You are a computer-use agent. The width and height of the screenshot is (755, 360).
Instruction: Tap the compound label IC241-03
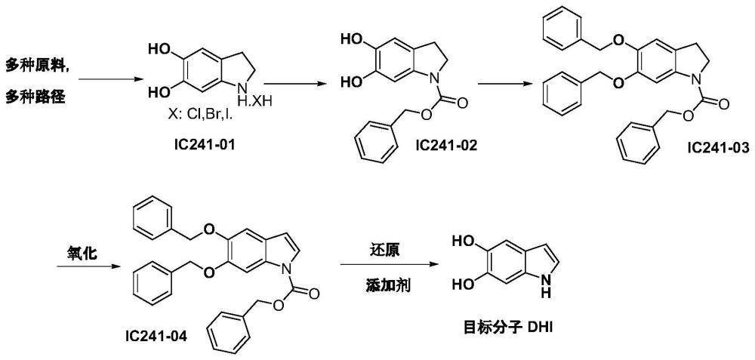point(718,146)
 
